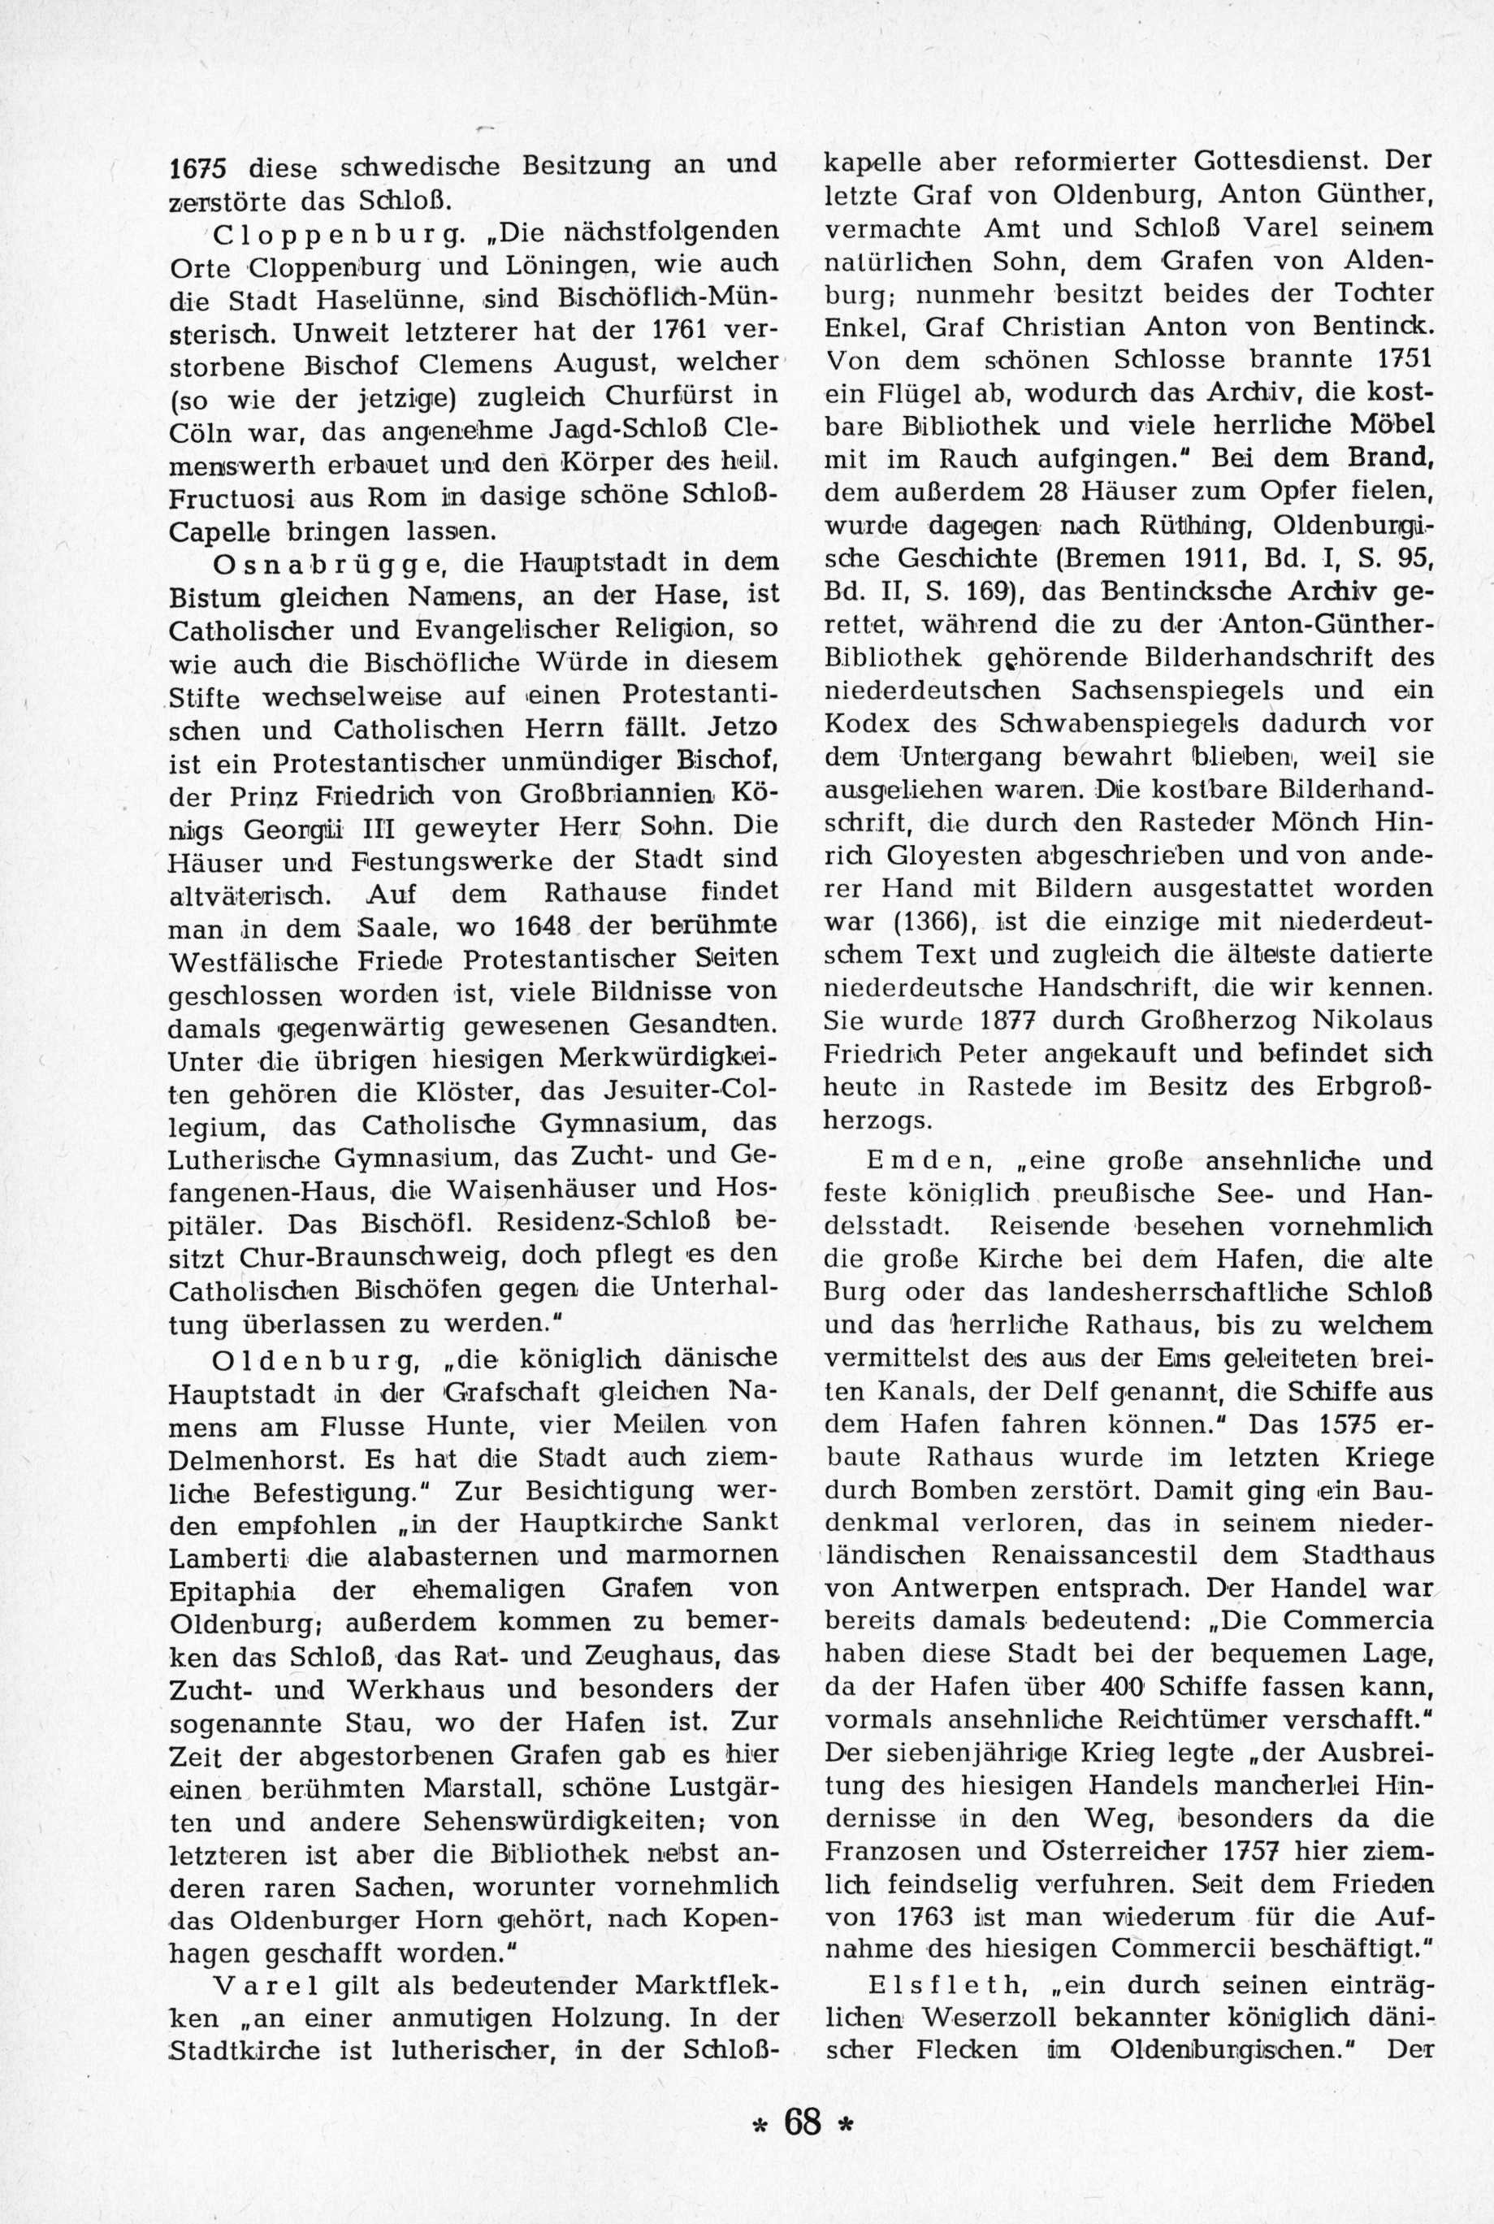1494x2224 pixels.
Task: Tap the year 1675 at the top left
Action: click(197, 167)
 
